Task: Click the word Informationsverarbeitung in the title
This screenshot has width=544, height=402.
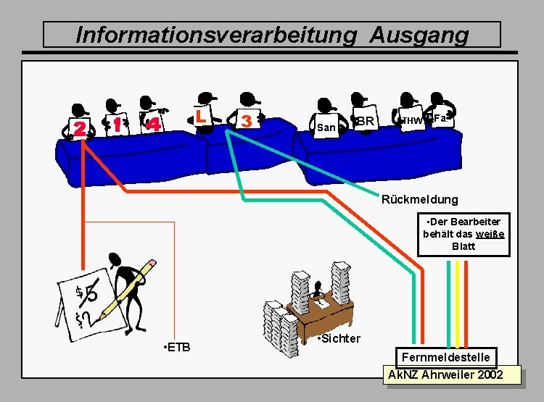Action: [x=216, y=35]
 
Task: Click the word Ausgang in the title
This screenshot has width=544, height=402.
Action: [x=419, y=35]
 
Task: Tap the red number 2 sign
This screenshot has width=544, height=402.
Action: [x=79, y=128]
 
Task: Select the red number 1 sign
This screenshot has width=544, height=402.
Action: [x=117, y=125]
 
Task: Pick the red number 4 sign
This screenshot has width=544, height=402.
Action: [x=153, y=124]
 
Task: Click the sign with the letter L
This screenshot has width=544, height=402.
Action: [x=202, y=114]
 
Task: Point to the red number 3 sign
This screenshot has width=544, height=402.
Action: [x=248, y=120]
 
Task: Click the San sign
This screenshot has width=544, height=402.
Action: [x=326, y=127]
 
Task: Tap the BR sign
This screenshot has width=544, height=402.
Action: [x=366, y=121]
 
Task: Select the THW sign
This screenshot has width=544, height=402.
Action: [x=411, y=120]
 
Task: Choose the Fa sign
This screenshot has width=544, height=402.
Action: [x=440, y=116]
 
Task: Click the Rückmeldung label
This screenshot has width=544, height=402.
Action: [x=420, y=199]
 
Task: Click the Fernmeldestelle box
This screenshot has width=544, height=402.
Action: [x=446, y=357]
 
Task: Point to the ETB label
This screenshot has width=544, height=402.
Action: [x=178, y=348]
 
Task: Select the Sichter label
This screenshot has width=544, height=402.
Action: [x=339, y=338]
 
